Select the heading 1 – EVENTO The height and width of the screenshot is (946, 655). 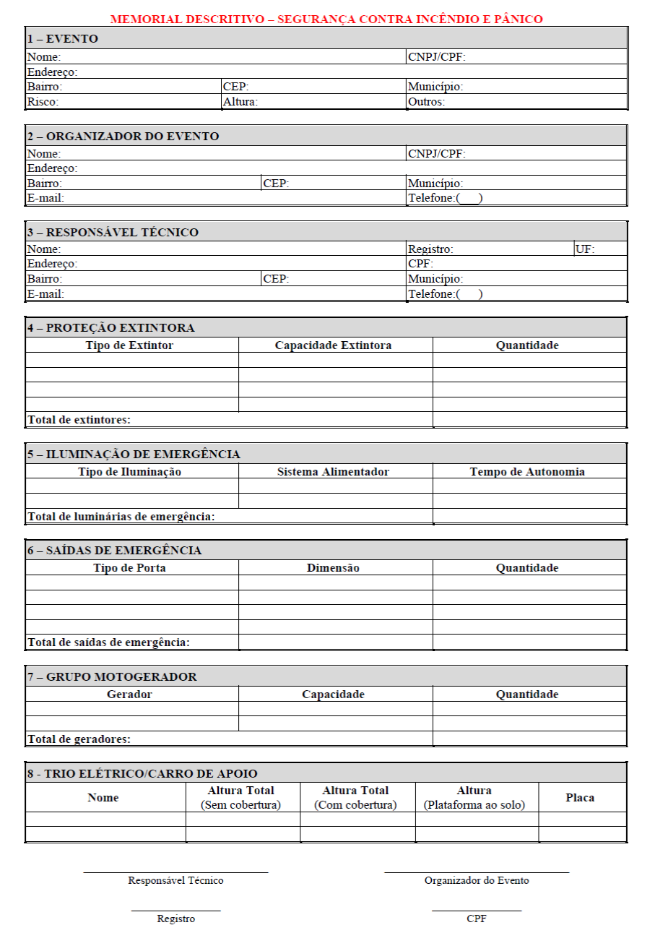[63, 39]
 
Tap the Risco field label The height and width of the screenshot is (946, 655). [43, 102]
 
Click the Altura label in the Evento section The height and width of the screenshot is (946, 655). [240, 102]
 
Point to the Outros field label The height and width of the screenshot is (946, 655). [426, 102]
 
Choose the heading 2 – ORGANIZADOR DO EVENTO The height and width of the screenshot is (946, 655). [123, 136]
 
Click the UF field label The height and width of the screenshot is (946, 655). [585, 249]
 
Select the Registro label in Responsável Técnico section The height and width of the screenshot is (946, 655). [430, 249]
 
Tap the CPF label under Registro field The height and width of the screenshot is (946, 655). [420, 264]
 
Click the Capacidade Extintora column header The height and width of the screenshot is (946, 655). [333, 345]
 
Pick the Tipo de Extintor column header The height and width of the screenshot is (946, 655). [129, 345]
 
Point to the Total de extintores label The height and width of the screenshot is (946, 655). [79, 420]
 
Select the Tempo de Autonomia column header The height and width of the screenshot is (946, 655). [527, 472]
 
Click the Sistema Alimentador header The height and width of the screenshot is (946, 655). [333, 472]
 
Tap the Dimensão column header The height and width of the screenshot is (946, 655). [333, 568]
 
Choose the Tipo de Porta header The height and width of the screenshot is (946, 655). [129, 568]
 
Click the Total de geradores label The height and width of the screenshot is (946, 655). [79, 739]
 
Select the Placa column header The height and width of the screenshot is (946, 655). [580, 798]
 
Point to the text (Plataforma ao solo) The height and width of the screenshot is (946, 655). [474, 805]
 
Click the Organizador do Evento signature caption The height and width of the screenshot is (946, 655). [477, 880]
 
